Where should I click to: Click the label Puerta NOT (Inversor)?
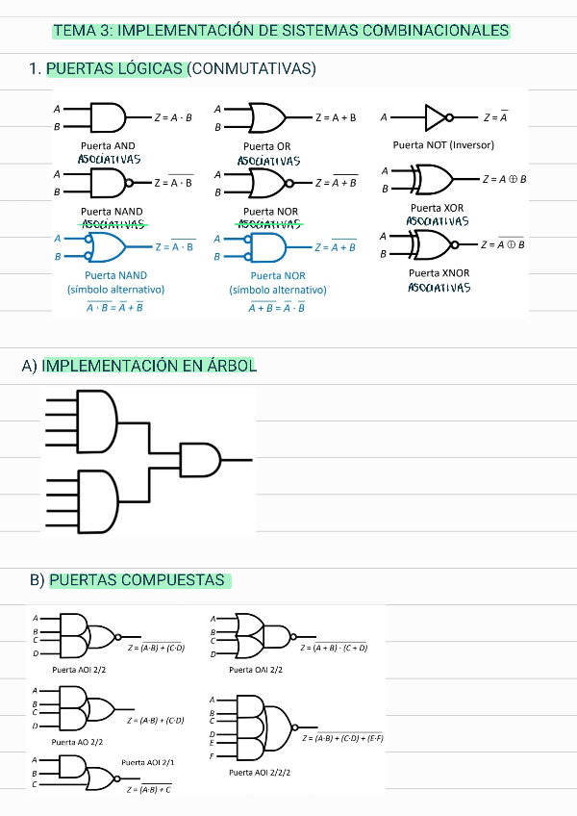[x=443, y=145]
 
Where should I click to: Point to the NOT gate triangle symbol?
[x=436, y=118]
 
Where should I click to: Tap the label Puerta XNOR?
[x=439, y=273]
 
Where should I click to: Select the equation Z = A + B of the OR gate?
[x=336, y=118]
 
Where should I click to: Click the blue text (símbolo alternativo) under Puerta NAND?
[x=115, y=290]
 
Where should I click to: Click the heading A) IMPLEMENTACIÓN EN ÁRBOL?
[x=138, y=366]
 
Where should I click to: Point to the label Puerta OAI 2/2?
[x=256, y=669]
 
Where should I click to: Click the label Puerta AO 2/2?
[x=78, y=743]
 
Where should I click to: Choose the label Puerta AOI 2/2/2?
[x=261, y=773]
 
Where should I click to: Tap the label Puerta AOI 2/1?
[x=146, y=762]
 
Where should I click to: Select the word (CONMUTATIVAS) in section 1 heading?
[x=252, y=69]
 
